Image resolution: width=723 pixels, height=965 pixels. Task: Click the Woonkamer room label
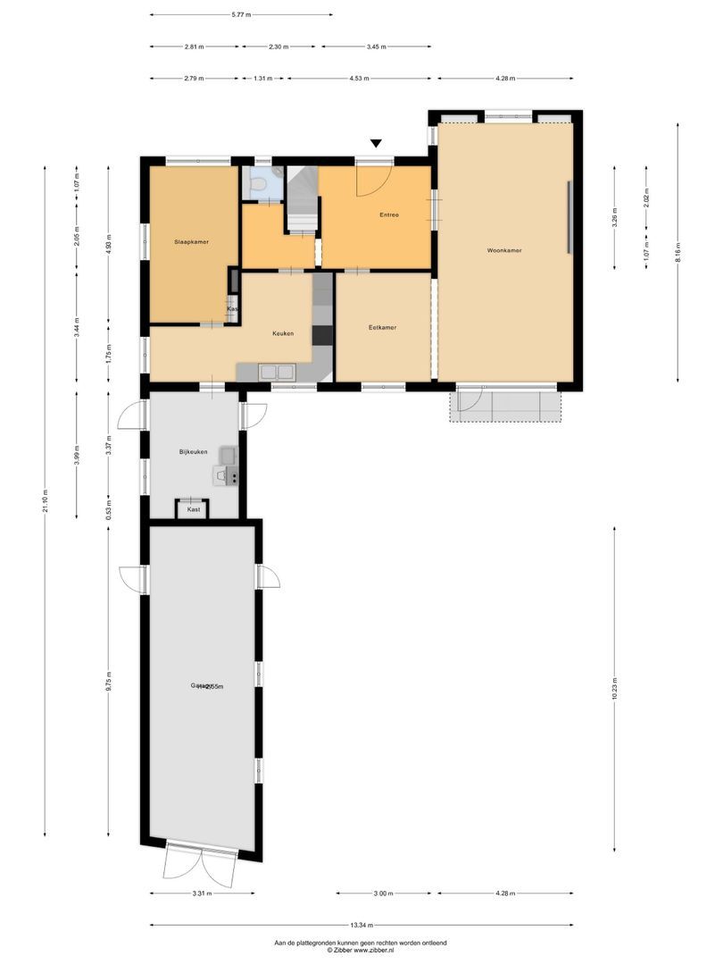click(504, 251)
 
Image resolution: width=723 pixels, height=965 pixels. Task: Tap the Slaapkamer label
click(191, 241)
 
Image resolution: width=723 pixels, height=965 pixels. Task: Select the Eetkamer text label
click(382, 328)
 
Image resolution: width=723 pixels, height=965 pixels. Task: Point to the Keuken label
click(283, 334)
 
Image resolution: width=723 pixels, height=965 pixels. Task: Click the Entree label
click(389, 215)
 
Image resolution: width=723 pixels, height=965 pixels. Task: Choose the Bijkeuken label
click(192, 453)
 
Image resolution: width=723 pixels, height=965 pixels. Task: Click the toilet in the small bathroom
click(259, 184)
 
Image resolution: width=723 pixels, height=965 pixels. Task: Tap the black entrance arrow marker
click(377, 143)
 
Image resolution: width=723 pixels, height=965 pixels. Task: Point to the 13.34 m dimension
click(361, 926)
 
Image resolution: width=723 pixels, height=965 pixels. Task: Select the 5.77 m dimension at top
click(241, 15)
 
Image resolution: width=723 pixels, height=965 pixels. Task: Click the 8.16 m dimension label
click(677, 250)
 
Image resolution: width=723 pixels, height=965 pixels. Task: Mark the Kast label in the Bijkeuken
click(193, 509)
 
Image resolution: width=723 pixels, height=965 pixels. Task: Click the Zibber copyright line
click(361, 951)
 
